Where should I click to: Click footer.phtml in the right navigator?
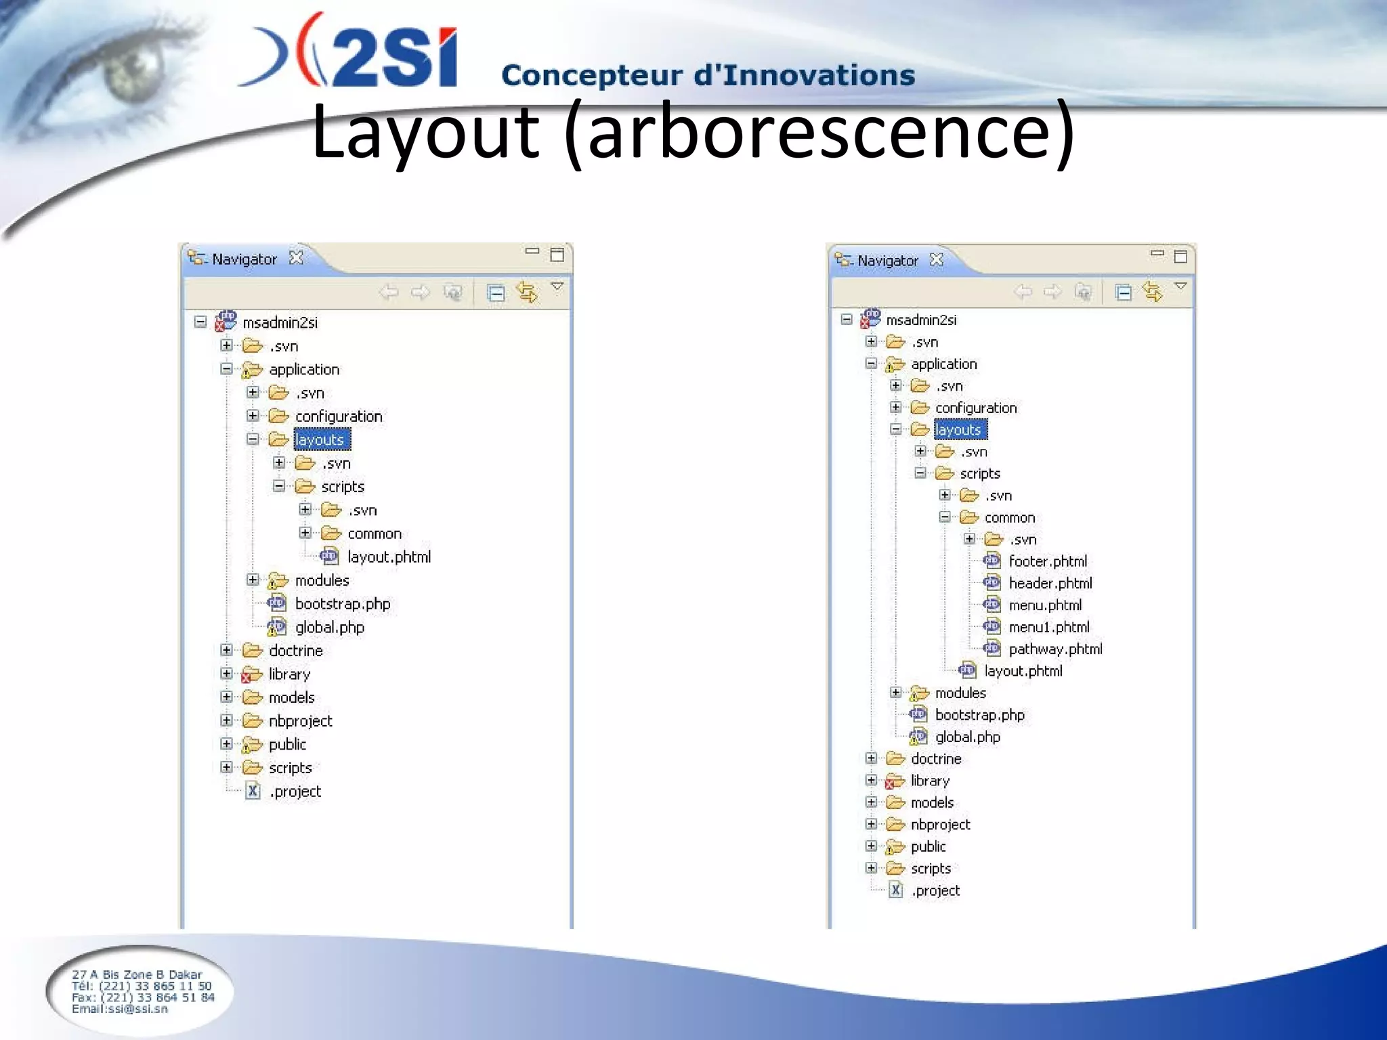pyautogui.click(x=1047, y=561)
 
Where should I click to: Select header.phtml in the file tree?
pyautogui.click(x=1050, y=583)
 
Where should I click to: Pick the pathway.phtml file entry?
pyautogui.click(x=1054, y=649)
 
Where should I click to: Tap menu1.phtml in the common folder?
pyautogui.click(x=1048, y=627)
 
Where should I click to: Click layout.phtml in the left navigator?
pyautogui.click(x=388, y=557)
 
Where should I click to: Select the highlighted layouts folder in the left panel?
pyautogui.click(x=320, y=440)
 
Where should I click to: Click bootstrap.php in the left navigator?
pyautogui.click(x=342, y=604)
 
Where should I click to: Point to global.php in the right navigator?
pyautogui.click(x=967, y=737)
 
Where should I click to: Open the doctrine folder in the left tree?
pyautogui.click(x=295, y=651)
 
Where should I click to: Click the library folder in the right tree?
pyautogui.click(x=929, y=781)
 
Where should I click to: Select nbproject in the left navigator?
pyautogui.click(x=300, y=721)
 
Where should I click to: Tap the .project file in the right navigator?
pyautogui.click(x=935, y=890)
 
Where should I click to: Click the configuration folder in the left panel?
pyautogui.click(x=338, y=416)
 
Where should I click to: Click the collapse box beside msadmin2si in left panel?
pyautogui.click(x=200, y=322)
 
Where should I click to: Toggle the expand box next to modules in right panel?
pyautogui.click(x=895, y=692)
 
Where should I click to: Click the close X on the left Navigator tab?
pyautogui.click(x=296, y=258)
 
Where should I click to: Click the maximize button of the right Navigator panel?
pyautogui.click(x=1180, y=256)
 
